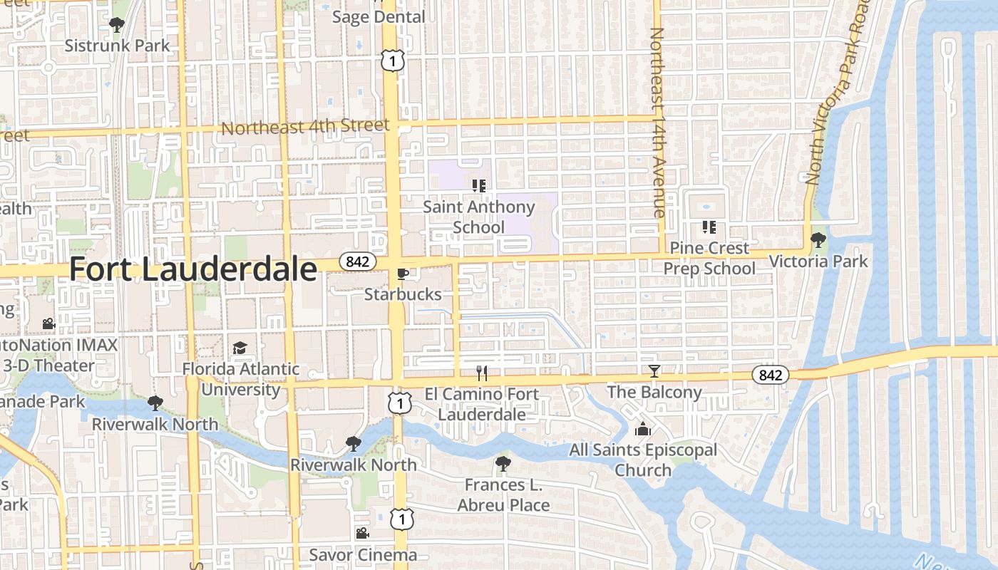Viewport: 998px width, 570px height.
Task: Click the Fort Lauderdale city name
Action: pos(192,270)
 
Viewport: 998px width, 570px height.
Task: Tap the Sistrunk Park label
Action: pos(118,46)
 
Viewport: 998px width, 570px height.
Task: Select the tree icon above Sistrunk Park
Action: pos(117,25)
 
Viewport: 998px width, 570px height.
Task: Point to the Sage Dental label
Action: pos(379,16)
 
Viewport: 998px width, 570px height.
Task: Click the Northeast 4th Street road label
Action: pos(306,128)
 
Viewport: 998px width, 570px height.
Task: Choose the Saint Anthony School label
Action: pos(479,217)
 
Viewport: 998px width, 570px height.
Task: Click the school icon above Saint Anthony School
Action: pos(479,186)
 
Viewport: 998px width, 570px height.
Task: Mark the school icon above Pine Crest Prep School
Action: pos(709,227)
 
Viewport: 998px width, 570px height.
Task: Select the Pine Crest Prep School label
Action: pos(709,258)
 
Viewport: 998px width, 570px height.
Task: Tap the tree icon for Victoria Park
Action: pos(818,240)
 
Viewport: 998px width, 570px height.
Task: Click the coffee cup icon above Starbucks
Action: pos(403,274)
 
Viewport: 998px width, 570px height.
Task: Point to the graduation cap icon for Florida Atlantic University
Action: pos(240,348)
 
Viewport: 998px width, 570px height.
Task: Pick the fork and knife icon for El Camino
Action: pos(482,373)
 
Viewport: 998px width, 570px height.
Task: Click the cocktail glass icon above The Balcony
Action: pos(654,371)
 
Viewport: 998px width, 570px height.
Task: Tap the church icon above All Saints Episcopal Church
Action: pos(643,429)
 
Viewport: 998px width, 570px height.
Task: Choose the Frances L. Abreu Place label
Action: pos(503,495)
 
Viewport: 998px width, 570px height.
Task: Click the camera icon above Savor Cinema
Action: pos(362,533)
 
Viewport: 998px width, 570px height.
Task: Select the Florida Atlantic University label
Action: pos(241,379)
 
